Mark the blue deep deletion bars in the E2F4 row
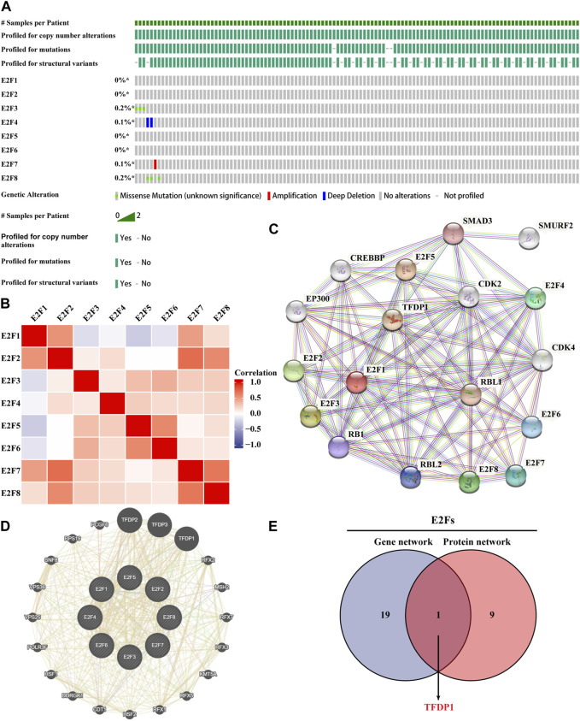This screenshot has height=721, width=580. click(x=149, y=123)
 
